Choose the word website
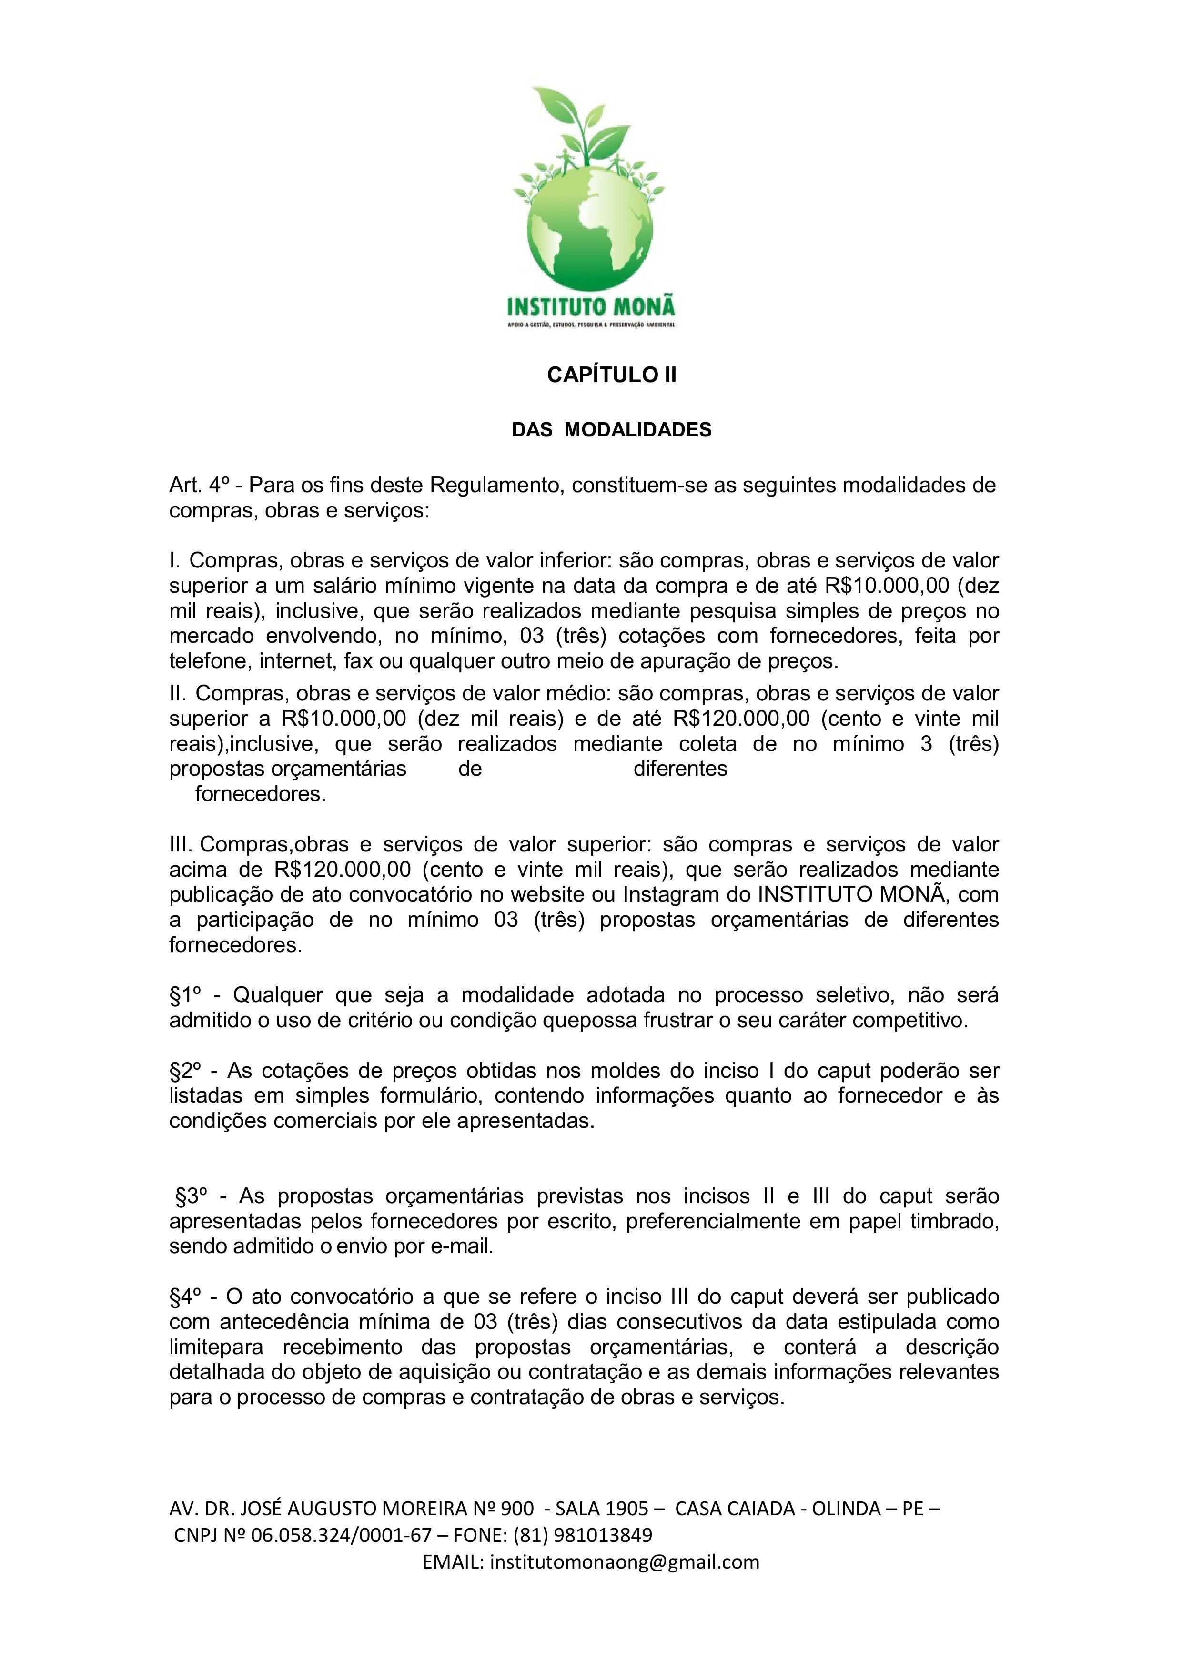point(546,895)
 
